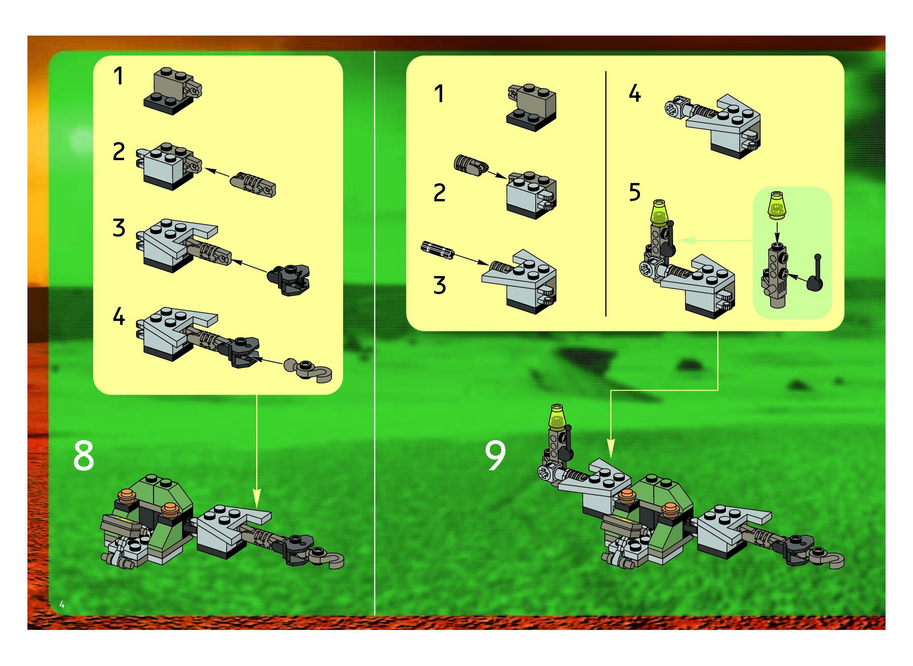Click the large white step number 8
[x=83, y=456]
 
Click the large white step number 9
[x=495, y=455]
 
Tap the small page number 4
[x=62, y=604]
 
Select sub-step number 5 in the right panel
[x=634, y=192]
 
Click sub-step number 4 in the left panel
[x=118, y=316]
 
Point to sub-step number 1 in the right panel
[x=439, y=94]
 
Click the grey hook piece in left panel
[x=308, y=370]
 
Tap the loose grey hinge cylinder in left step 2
[x=253, y=185]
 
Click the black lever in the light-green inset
[x=814, y=274]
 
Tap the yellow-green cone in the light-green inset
[x=776, y=205]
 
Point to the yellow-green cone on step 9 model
[x=557, y=416]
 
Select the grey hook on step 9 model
[x=829, y=558]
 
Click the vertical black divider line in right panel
[x=606, y=194]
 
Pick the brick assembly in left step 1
[x=172, y=92]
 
